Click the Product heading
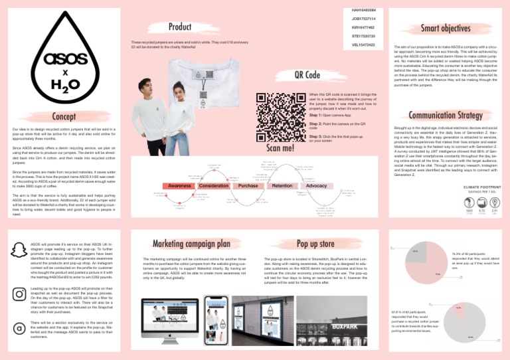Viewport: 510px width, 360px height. (x=180, y=27)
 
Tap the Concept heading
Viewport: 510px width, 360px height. (x=64, y=118)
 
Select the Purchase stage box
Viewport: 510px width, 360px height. (x=248, y=186)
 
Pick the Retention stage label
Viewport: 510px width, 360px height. (x=282, y=186)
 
